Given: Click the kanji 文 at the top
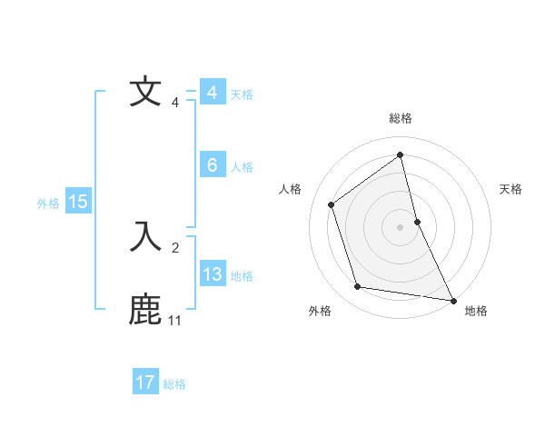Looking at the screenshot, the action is tap(145, 92).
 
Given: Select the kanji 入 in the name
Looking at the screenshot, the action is tap(145, 236).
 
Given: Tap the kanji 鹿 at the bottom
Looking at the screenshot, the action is tap(145, 309).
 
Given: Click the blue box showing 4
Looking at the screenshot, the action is tap(212, 93).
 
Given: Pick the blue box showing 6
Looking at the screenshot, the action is tap(212, 165).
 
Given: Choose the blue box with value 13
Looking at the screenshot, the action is tap(212, 274).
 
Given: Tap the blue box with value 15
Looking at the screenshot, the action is tap(77, 202).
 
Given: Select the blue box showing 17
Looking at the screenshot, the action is tap(145, 382).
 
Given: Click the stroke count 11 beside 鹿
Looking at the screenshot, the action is tap(174, 321).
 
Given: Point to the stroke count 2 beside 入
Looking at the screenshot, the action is tap(175, 247).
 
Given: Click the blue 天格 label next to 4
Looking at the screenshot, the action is tap(242, 94).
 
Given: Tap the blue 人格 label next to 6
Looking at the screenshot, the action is tap(242, 166).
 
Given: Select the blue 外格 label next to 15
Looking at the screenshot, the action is tap(48, 204).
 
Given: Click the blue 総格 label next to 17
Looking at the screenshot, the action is tap(174, 383).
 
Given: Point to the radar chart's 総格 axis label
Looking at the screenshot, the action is tap(400, 118).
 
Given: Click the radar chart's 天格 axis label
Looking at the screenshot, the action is tap(511, 189).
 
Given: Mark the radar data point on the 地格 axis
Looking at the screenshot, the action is tap(453, 300).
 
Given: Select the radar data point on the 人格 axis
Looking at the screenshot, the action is tap(331, 204).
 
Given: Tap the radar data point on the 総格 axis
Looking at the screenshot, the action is tap(400, 154).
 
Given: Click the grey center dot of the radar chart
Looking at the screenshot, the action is tap(400, 226).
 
